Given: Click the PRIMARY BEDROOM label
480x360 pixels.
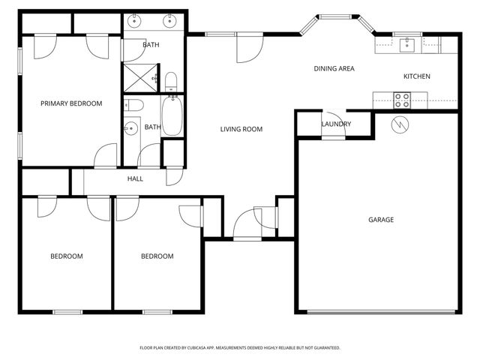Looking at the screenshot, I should (x=71, y=103).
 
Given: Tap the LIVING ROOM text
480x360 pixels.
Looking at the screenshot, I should (x=241, y=129).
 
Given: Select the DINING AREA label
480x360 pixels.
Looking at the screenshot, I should (x=334, y=69).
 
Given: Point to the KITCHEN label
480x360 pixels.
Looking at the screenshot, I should (x=417, y=76).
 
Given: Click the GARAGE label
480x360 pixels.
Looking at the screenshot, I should (x=381, y=220).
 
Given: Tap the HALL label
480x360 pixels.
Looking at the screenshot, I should (x=135, y=178).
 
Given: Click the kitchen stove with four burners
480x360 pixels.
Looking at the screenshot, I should (x=402, y=97).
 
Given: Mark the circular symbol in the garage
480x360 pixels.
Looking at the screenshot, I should (x=400, y=124).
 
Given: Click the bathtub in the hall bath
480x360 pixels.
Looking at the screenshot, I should (x=172, y=114).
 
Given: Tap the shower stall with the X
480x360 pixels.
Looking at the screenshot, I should (x=140, y=73).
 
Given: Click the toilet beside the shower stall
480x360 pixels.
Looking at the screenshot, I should (x=170, y=80).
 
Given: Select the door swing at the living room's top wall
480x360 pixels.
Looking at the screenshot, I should (x=246, y=48).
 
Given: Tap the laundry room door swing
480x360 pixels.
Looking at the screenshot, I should (x=333, y=134).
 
